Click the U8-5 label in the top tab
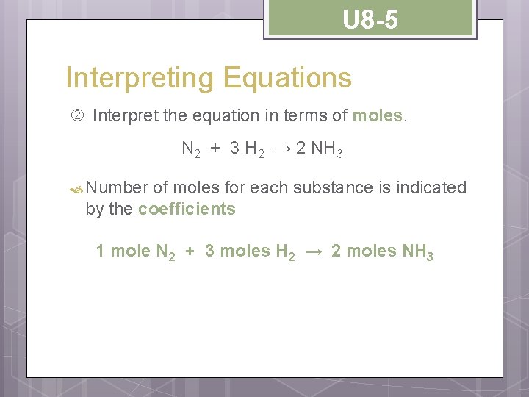click(370, 20)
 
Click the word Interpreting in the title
click(131, 78)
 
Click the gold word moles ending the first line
click(377, 115)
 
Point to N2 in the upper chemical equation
click(191, 149)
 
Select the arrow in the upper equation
click(284, 149)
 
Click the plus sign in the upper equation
click(215, 149)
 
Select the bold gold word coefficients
click(187, 209)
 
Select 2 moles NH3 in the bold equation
click(382, 251)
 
